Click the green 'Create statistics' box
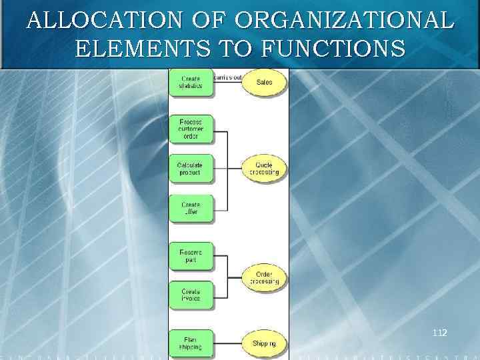[x=191, y=83]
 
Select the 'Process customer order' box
[x=191, y=128]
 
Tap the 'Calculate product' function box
[x=191, y=169]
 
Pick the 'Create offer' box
[x=191, y=208]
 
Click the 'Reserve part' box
[x=191, y=255]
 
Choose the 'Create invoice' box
[x=191, y=295]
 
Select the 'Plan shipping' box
[x=191, y=343]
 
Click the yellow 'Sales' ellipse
[x=265, y=83]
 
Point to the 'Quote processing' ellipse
[x=265, y=169]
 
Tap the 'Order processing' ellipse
[x=265, y=277]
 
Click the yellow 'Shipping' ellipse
[x=265, y=343]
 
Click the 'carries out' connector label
[x=227, y=77]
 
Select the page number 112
[x=439, y=331]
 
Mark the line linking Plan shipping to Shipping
[x=228, y=343]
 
